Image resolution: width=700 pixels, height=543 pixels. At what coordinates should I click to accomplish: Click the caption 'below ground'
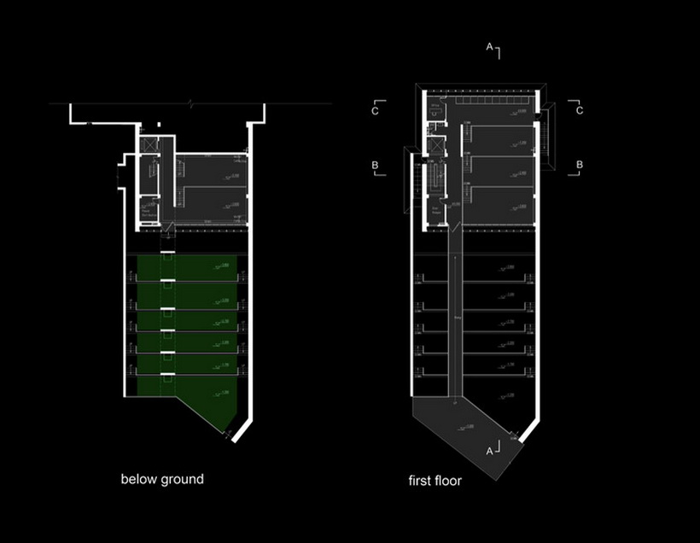(x=162, y=479)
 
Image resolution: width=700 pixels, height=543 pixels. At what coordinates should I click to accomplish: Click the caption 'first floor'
(x=435, y=481)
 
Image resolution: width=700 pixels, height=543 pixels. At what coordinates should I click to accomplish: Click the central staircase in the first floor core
(x=436, y=179)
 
